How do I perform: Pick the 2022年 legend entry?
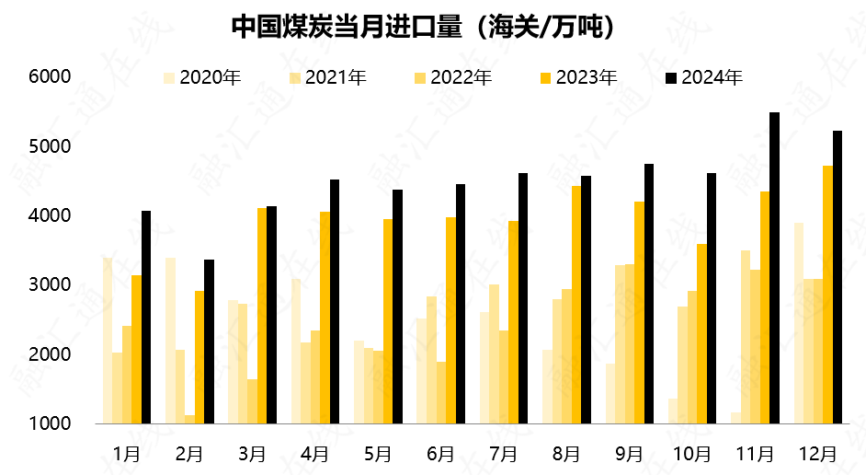[453, 78]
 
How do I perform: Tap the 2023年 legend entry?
[578, 78]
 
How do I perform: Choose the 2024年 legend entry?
[704, 78]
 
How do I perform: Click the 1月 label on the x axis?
[127, 454]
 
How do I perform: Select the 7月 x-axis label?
[504, 454]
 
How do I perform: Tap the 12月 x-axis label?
[818, 454]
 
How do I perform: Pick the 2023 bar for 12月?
[827, 295]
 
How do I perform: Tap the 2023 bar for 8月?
[576, 305]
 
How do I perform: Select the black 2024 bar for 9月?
[648, 294]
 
